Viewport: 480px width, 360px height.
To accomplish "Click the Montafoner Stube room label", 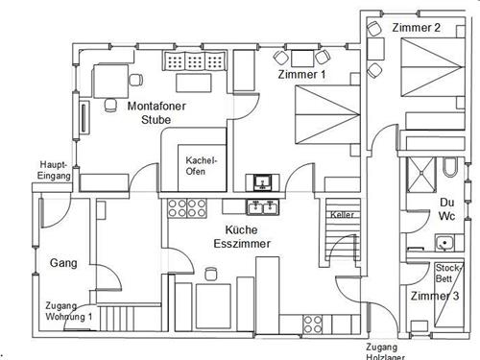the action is tap(156, 112).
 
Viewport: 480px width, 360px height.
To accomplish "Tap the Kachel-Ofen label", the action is tap(201, 165).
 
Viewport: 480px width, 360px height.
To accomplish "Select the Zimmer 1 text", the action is tap(301, 75).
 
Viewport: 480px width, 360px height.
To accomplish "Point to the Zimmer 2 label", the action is tap(416, 28).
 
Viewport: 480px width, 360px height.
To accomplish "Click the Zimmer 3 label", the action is tap(435, 296).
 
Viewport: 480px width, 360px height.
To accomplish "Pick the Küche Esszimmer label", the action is tap(242, 237).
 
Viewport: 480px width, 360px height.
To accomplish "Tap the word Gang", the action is tap(63, 263).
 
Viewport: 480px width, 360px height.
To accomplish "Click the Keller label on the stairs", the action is tap(342, 215).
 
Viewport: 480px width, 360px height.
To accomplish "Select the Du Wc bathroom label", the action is tap(446, 209).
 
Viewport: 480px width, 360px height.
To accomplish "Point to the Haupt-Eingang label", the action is tap(54, 170).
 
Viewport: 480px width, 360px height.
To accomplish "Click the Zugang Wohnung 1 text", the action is tap(68, 311).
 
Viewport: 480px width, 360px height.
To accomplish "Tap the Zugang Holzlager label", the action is tap(385, 352).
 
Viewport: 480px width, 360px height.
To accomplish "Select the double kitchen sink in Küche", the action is tap(262, 207).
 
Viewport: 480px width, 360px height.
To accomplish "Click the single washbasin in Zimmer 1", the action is tap(262, 182).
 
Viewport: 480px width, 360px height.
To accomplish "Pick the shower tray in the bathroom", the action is tap(421, 175).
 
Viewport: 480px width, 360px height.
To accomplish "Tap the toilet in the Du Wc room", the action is tap(449, 167).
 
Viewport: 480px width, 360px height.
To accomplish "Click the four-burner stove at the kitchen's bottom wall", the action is tap(313, 324).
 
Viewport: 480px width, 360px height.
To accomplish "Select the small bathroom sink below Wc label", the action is tap(444, 243).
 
